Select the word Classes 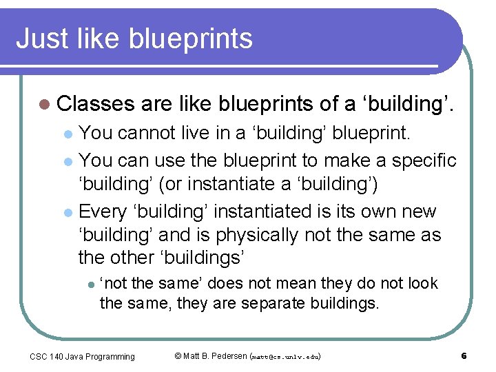(96, 104)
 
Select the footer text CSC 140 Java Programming (82, 356)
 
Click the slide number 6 (464, 356)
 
